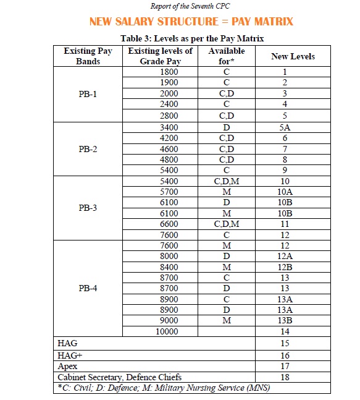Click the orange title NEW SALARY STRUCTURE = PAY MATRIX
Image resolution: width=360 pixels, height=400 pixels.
(191, 22)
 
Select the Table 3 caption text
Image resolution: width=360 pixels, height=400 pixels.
(192, 38)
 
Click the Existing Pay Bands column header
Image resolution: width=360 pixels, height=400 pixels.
(88, 56)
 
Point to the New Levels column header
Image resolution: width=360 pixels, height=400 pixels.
(293, 56)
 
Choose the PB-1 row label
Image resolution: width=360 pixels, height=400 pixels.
(88, 95)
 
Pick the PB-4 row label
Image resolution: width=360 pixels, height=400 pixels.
(88, 288)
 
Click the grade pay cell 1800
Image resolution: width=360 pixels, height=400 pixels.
(169, 72)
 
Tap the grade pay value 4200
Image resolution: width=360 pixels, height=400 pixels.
(169, 138)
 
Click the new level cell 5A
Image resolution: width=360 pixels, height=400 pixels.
(285, 127)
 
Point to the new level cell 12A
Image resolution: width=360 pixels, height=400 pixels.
(285, 256)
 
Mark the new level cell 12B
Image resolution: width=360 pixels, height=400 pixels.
(285, 267)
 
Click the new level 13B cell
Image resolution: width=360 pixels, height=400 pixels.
(285, 320)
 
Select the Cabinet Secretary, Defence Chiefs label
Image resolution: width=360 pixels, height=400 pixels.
(120, 377)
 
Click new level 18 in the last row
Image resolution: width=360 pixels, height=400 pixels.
(285, 377)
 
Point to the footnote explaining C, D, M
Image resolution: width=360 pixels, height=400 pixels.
(164, 388)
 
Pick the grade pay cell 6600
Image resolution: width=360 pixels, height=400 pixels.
(169, 224)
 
